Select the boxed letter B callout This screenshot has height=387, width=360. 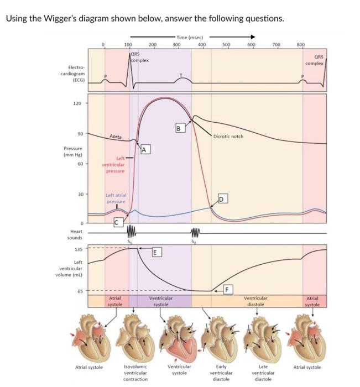pyautogui.click(x=179, y=129)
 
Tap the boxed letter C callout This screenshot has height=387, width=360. pyautogui.click(x=117, y=222)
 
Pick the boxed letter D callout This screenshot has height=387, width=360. pyautogui.click(x=222, y=198)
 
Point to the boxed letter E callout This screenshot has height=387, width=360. pyautogui.click(x=156, y=253)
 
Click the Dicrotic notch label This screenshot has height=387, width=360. pyautogui.click(x=228, y=137)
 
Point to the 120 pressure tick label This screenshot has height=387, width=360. pyautogui.click(x=77, y=103)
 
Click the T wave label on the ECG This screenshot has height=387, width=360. pyautogui.click(x=179, y=75)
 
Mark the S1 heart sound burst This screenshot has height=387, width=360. pyautogui.click(x=131, y=230)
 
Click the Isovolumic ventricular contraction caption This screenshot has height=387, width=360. pyautogui.click(x=135, y=373)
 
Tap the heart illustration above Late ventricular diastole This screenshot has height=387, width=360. pyautogui.click(x=257, y=337)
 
